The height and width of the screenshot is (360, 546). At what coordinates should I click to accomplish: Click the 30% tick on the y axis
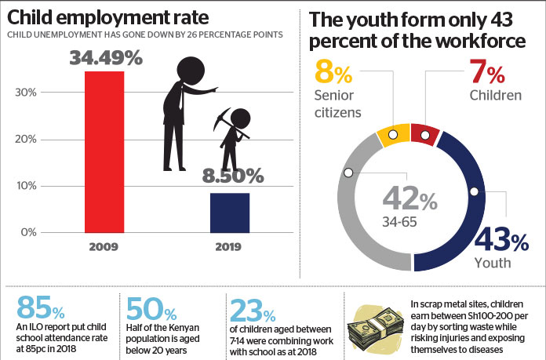27,93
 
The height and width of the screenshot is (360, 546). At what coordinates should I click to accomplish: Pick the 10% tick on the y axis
27,186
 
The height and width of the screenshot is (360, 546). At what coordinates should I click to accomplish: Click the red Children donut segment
424,135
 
